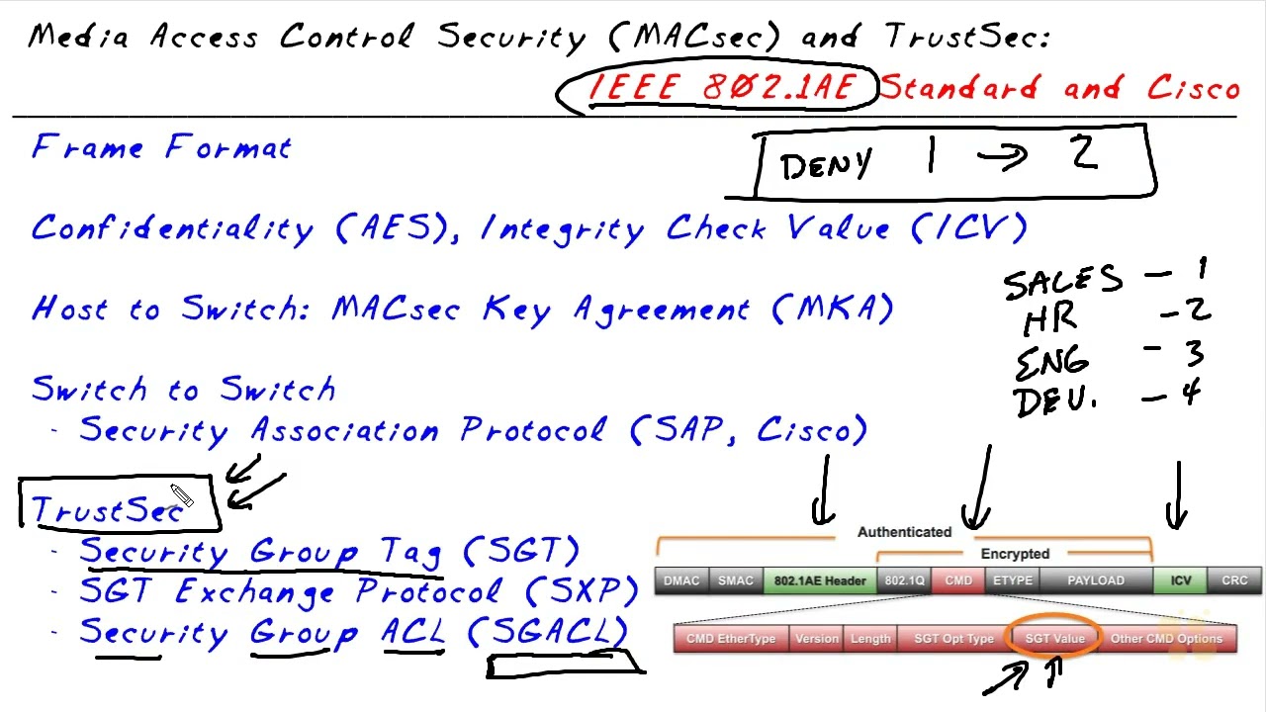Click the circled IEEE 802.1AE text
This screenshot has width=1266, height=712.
pyautogui.click(x=720, y=88)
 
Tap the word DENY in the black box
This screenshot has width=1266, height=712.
pyautogui.click(x=826, y=165)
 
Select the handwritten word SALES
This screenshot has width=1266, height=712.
pyautogui.click(x=1062, y=282)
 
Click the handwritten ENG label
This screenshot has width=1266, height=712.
pyautogui.click(x=1052, y=361)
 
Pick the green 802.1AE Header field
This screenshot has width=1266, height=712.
pyautogui.click(x=820, y=580)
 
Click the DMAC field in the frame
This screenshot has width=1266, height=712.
pyautogui.click(x=681, y=580)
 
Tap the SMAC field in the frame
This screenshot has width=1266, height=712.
pyautogui.click(x=736, y=580)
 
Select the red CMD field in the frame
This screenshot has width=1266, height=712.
pyautogui.click(x=958, y=580)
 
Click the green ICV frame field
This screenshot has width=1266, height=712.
pyautogui.click(x=1181, y=580)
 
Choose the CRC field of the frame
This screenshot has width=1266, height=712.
pyautogui.click(x=1234, y=580)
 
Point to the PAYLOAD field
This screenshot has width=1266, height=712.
pyautogui.click(x=1095, y=580)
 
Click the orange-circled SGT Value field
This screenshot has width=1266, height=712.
pyautogui.click(x=1054, y=639)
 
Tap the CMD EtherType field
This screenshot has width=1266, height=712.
pyautogui.click(x=731, y=639)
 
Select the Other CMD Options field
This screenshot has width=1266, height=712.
pyautogui.click(x=1166, y=639)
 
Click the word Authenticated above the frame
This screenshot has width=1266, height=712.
pyautogui.click(x=904, y=532)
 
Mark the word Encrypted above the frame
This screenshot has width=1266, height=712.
pyautogui.click(x=1015, y=554)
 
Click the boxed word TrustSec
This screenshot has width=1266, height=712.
pyautogui.click(x=107, y=508)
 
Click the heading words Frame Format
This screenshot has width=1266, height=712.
pyautogui.click(x=162, y=148)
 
